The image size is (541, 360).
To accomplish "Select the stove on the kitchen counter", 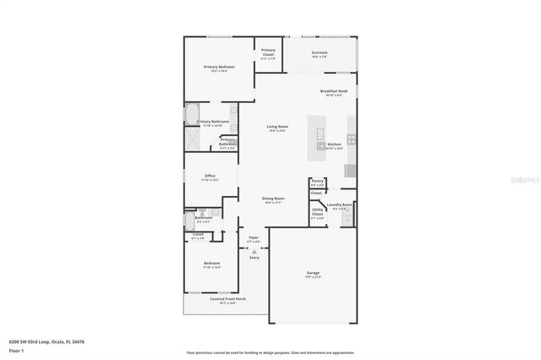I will pyautogui.click(x=352, y=139).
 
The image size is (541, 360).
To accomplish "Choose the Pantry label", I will pyautogui.click(x=317, y=182).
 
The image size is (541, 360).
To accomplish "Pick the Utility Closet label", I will pyautogui.click(x=317, y=213).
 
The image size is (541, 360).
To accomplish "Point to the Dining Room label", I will pyautogui.click(x=273, y=200).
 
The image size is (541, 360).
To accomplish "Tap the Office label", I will pyautogui.click(x=210, y=177).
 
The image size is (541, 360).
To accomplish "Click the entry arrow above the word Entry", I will pyautogui.click(x=254, y=252).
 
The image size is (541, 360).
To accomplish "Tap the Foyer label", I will pyautogui.click(x=253, y=239).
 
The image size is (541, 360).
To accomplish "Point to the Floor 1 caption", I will pyautogui.click(x=16, y=350).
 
